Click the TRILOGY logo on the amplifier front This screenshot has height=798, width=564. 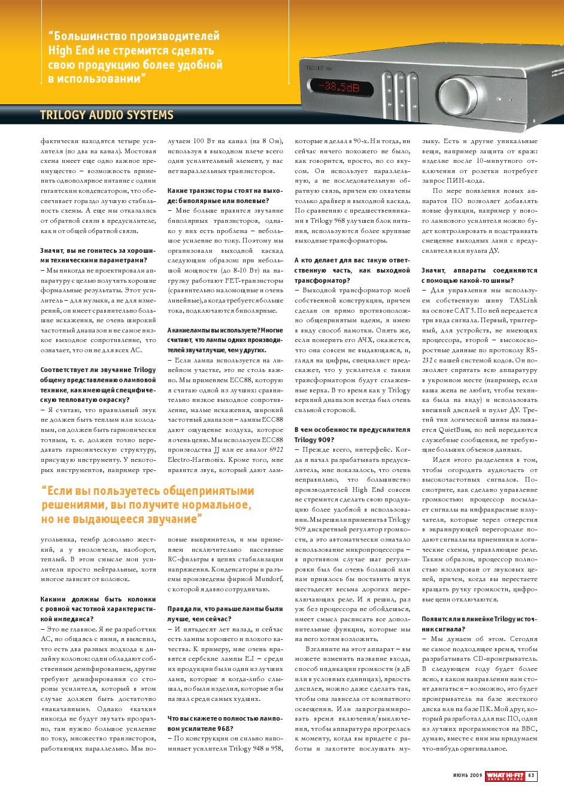click(x=316, y=68)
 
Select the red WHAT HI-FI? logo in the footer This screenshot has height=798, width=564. click(x=505, y=776)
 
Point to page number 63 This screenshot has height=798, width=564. click(x=531, y=776)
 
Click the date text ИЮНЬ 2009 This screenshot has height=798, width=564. click(x=467, y=776)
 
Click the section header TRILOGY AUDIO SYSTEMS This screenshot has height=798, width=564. click(x=107, y=115)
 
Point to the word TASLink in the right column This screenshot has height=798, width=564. click(x=523, y=301)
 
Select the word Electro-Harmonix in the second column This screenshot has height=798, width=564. click(x=195, y=460)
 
